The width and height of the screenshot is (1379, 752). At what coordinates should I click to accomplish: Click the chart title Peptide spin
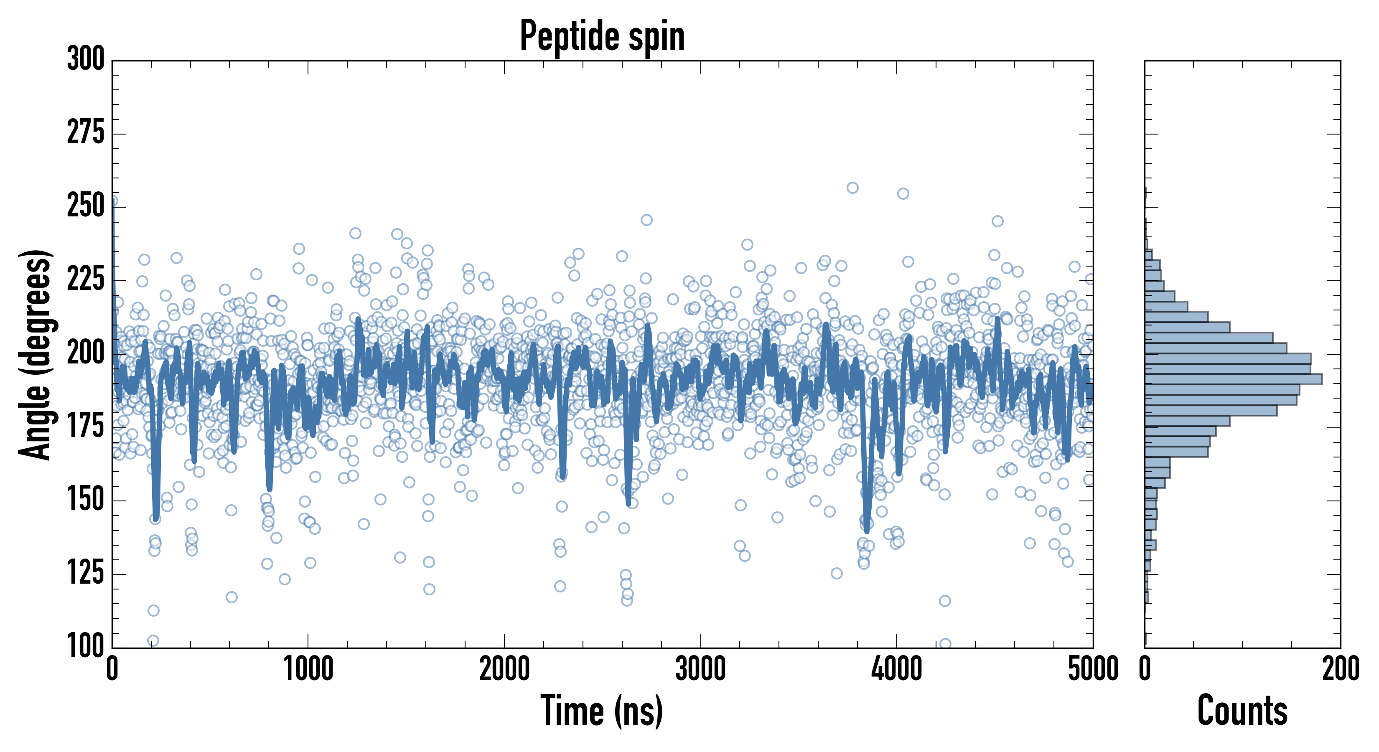[602, 36]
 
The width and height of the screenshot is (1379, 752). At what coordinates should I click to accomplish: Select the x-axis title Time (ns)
[602, 711]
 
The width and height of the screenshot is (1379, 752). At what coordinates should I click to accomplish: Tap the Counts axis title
[1242, 711]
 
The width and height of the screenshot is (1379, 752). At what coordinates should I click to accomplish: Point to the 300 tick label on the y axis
[86, 59]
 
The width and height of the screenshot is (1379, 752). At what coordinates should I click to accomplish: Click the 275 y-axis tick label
[86, 133]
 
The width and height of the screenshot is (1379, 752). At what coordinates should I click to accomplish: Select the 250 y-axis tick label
[86, 206]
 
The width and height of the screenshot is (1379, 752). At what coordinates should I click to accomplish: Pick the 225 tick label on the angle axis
[86, 279]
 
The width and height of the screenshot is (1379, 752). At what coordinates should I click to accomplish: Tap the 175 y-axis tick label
[86, 427]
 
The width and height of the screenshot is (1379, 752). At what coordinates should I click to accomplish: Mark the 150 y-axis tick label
[86, 500]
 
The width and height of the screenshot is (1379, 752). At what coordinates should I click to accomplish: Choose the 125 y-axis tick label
[86, 573]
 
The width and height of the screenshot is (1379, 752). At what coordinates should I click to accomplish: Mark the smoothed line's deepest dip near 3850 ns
[867, 530]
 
